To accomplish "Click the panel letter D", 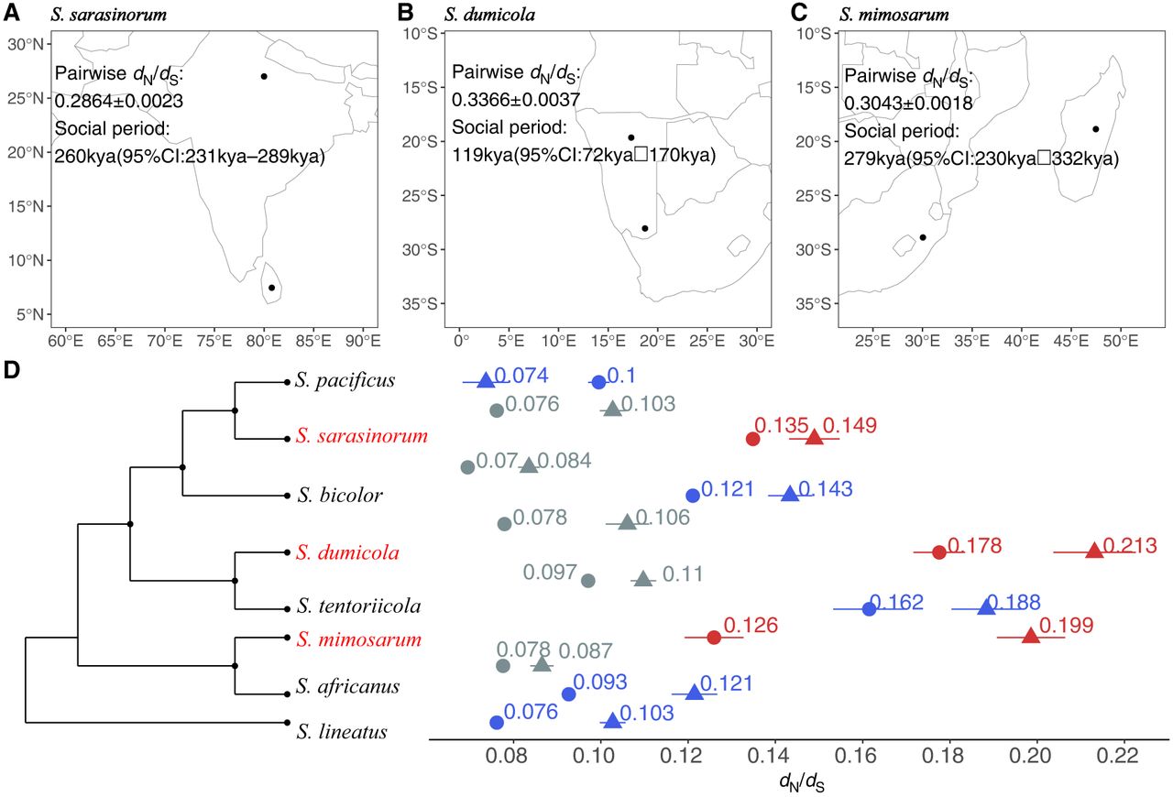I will [12, 370].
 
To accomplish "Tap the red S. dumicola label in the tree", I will [334, 553].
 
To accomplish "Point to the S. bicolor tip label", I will [327, 496].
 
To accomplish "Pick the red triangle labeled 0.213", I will [1094, 551].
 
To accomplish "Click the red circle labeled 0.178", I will [939, 552].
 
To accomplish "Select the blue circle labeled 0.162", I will [870, 608].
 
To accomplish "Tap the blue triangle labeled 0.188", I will [987, 606].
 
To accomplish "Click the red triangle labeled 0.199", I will [1030, 636].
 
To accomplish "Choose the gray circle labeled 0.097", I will [588, 581].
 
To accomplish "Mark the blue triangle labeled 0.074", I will [486, 379].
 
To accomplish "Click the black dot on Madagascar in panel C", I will [1095, 129].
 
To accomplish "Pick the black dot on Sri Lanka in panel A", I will [272, 288].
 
